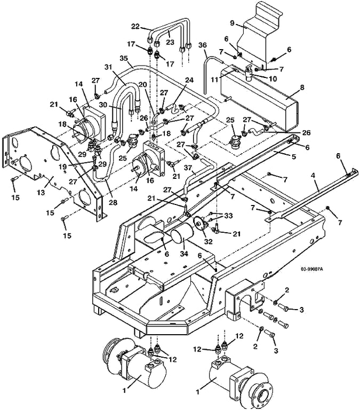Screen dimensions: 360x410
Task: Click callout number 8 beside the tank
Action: tap(302, 88)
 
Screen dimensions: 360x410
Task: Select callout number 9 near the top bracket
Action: tap(233, 23)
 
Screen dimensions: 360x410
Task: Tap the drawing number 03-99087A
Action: tap(311, 269)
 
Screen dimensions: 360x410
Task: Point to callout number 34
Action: tap(184, 254)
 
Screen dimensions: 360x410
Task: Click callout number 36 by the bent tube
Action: tap(203, 45)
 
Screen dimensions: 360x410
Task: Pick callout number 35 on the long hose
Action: tap(124, 58)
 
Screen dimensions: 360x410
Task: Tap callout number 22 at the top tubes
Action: tap(135, 26)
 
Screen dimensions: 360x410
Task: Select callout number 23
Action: tap(170, 42)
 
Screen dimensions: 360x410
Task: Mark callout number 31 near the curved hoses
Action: tap(108, 67)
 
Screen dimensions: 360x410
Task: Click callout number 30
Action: tap(103, 104)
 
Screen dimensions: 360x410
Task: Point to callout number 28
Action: tap(113, 202)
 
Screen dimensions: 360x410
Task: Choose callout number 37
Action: tap(188, 168)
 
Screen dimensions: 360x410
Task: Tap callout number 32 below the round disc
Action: tap(208, 241)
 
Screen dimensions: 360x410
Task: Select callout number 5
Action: tap(294, 156)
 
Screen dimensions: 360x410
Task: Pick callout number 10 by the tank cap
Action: tap(273, 78)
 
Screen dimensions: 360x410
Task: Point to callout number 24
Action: tap(189, 80)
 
